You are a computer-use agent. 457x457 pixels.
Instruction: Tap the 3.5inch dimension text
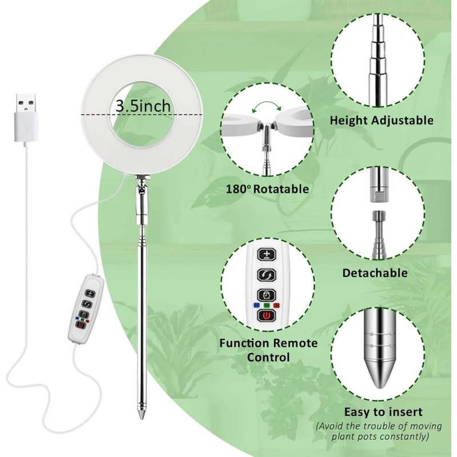142,106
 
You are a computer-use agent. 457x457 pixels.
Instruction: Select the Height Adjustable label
381,121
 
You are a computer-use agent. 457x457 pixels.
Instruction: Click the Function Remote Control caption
268,350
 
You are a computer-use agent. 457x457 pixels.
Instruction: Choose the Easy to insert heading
383,411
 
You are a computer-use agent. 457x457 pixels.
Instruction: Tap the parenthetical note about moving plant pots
379,431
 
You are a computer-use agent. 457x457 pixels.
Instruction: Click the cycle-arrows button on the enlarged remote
267,275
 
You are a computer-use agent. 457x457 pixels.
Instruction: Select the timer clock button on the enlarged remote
267,295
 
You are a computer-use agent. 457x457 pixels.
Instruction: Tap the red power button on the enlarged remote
267,316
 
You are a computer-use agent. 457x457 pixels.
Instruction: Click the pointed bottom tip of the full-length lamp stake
140,414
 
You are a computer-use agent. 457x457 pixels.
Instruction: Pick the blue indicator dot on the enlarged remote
256,305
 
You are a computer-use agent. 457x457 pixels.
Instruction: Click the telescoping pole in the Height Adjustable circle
378,57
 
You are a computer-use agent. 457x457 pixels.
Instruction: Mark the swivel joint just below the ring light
139,186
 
